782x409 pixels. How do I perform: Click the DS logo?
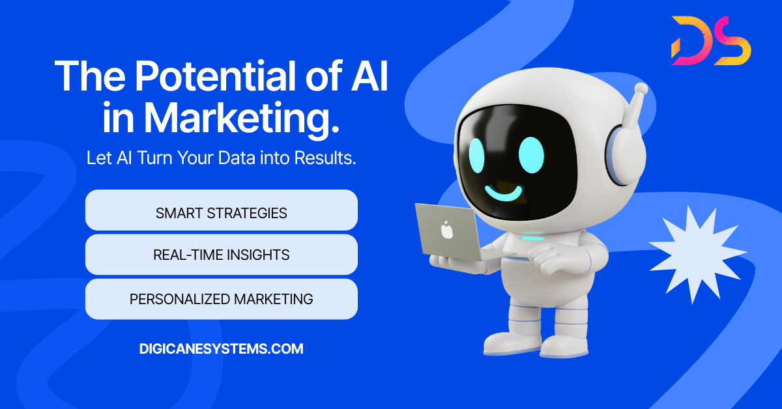(711, 40)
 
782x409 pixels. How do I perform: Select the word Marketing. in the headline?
(242, 118)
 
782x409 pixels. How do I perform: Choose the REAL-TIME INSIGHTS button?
(222, 255)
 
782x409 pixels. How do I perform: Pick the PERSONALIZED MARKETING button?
(222, 299)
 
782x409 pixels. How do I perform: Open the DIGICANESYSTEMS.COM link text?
(222, 348)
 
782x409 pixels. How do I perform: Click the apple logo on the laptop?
(446, 230)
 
